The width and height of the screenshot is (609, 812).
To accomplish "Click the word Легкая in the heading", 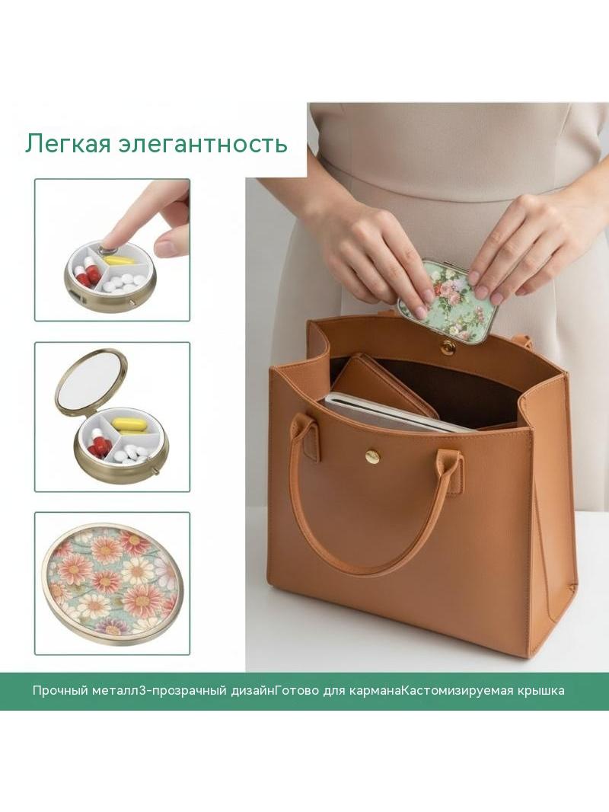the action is (68, 143).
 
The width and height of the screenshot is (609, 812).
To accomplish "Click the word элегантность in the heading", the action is (202, 145).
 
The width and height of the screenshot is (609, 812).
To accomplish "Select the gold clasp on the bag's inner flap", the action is (445, 347).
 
